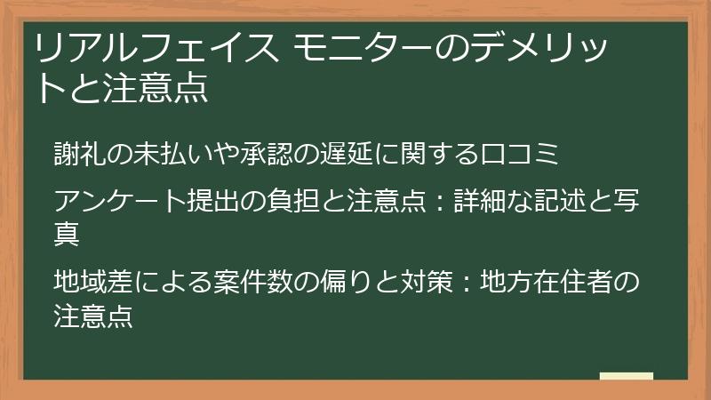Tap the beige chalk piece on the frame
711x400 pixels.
click(x=626, y=377)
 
